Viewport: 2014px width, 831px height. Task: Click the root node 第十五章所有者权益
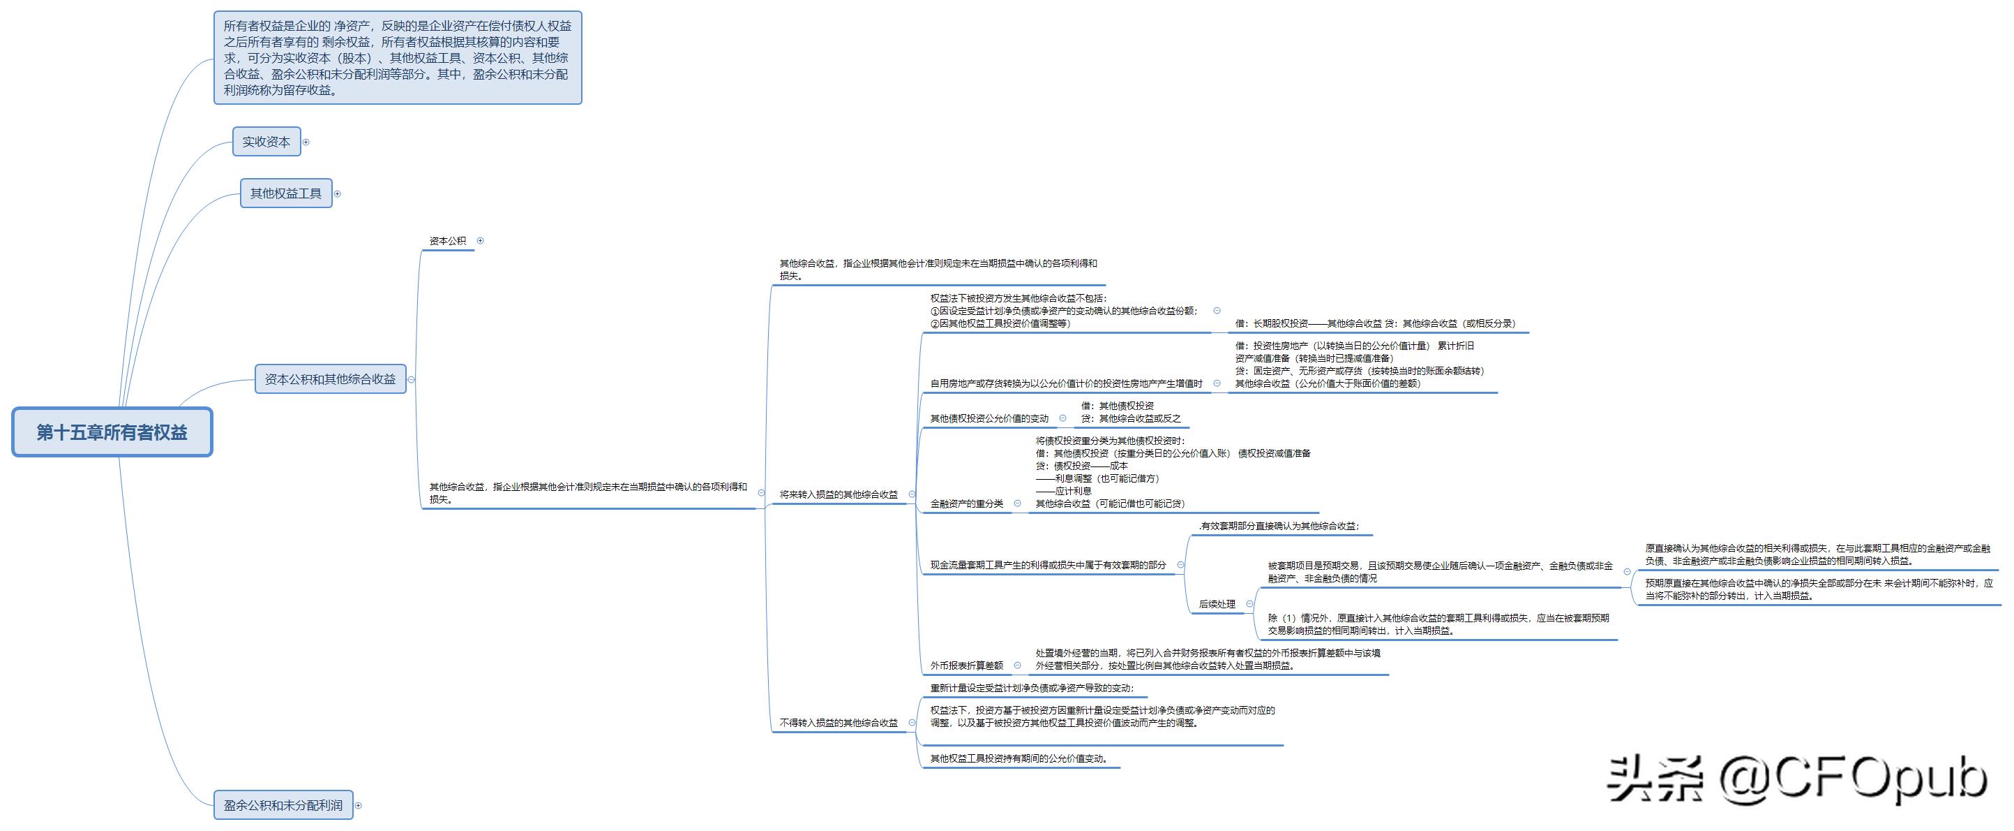(112, 432)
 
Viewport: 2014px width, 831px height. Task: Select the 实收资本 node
(266, 142)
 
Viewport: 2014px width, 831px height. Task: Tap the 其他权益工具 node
(285, 193)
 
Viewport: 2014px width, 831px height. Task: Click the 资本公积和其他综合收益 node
(330, 378)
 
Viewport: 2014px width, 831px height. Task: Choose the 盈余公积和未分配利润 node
(283, 804)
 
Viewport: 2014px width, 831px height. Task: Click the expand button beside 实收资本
(306, 142)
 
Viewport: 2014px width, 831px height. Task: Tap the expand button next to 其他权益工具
(338, 194)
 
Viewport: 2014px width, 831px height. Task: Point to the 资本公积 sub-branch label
(447, 241)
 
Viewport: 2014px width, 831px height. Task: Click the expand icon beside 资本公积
(480, 241)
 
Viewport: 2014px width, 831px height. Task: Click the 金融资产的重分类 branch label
(966, 504)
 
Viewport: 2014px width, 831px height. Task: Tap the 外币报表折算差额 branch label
(966, 666)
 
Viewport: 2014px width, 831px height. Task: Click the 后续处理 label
(1217, 604)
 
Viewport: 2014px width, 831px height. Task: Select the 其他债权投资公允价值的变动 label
(989, 418)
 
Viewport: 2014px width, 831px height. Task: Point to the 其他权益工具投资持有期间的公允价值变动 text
(1019, 758)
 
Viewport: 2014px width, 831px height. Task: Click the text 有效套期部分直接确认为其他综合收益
(1279, 526)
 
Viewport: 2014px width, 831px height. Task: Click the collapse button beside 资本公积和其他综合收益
(412, 379)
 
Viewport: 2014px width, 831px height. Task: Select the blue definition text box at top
(397, 58)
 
